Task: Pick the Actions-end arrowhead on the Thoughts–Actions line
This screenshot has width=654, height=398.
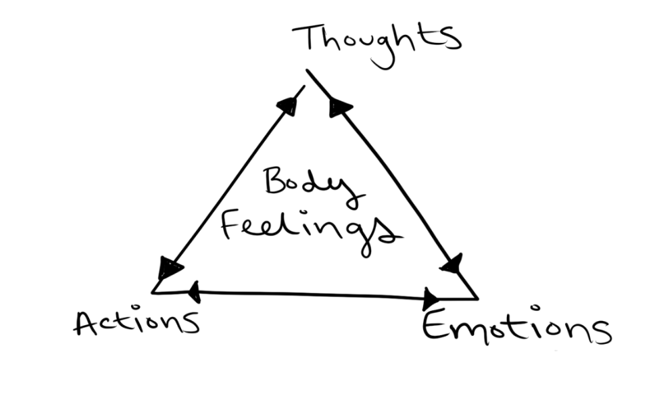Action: click(x=169, y=269)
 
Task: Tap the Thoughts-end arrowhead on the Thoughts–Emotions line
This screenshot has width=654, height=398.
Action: click(x=339, y=106)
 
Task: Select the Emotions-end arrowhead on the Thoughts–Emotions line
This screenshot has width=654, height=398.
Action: click(x=452, y=264)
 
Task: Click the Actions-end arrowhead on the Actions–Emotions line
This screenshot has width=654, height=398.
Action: click(x=194, y=290)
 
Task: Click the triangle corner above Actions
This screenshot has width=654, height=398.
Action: click(x=154, y=292)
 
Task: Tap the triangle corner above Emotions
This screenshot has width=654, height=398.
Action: click(x=476, y=298)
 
